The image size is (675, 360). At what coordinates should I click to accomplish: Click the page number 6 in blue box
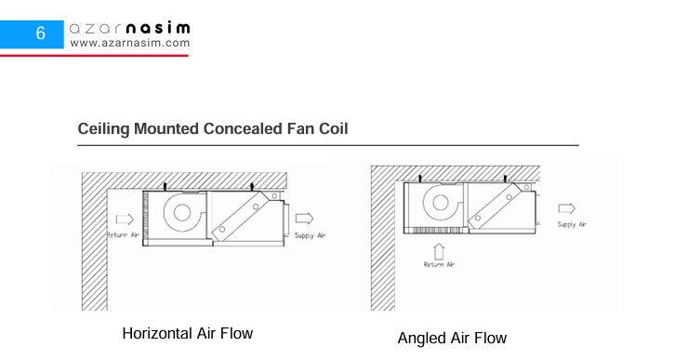point(41,33)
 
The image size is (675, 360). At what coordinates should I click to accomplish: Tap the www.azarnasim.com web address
point(130,43)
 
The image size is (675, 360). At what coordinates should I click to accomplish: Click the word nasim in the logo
point(158,29)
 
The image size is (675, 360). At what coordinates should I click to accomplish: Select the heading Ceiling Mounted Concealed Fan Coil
point(213,128)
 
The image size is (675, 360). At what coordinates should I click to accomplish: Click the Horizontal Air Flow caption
point(187,333)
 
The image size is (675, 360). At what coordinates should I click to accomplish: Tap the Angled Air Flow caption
point(452,338)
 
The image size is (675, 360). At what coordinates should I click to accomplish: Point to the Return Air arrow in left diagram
point(125,220)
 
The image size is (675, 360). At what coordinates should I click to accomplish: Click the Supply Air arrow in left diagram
point(304,219)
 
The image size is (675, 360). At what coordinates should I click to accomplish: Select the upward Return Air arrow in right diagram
point(439,251)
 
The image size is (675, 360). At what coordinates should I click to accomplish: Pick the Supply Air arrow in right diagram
point(566,208)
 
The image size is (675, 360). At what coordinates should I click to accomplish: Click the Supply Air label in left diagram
point(310,235)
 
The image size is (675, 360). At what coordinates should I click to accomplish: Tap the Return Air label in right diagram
point(439,264)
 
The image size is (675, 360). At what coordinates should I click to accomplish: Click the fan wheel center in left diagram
point(182,212)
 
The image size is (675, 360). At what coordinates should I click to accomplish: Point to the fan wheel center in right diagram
point(441,203)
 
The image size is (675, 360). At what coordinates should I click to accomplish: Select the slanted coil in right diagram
point(495,206)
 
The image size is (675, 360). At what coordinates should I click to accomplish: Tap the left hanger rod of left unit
point(165,186)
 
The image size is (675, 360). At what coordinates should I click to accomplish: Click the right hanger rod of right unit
point(505,179)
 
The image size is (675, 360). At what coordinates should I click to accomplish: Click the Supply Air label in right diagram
point(572,224)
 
